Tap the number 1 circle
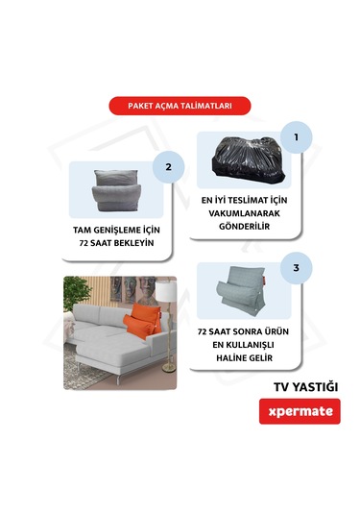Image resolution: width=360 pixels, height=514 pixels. coord(297,137)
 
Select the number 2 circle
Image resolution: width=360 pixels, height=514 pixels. coord(169,166)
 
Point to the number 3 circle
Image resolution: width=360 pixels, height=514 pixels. coord(297,267)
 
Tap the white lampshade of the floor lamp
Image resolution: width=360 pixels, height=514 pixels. coord(165,288)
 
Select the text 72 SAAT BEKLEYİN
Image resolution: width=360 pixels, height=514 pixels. coord(116,244)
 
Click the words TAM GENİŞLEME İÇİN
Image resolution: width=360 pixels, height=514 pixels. coord(116,231)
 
